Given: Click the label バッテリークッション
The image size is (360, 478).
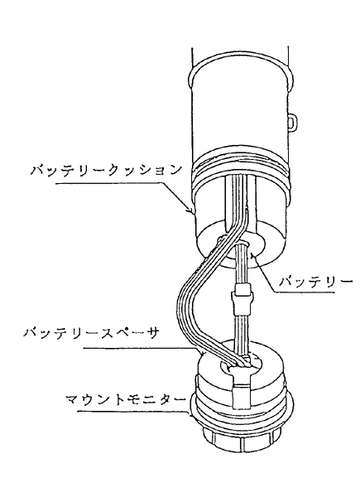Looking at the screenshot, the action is (106, 170).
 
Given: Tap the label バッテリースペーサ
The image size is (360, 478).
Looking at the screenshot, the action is (91, 333).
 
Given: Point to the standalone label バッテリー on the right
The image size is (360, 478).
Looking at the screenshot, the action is (315, 282).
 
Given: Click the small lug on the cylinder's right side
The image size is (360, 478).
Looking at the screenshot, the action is (291, 123).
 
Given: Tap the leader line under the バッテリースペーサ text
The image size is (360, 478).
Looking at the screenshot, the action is (143, 349).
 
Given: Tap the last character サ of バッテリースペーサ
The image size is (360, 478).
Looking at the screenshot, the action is (152, 333).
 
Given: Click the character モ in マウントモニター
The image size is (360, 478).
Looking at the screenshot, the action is (133, 399).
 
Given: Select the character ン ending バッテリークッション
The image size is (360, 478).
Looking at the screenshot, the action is (175, 170).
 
